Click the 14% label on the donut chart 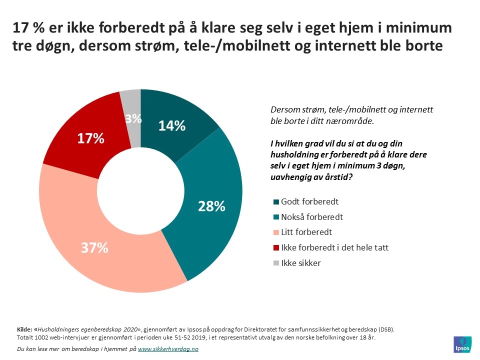point(172,125)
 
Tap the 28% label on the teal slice point(211,205)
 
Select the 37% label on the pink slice point(94,247)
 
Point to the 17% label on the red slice point(90,138)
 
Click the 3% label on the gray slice point(133,119)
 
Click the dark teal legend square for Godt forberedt point(276,202)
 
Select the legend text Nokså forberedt point(312,217)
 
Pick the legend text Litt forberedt point(306,232)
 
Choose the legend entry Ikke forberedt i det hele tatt point(335,247)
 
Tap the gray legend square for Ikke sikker point(276,263)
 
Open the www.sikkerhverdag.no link point(168,349)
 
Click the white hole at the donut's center point(140,190)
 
